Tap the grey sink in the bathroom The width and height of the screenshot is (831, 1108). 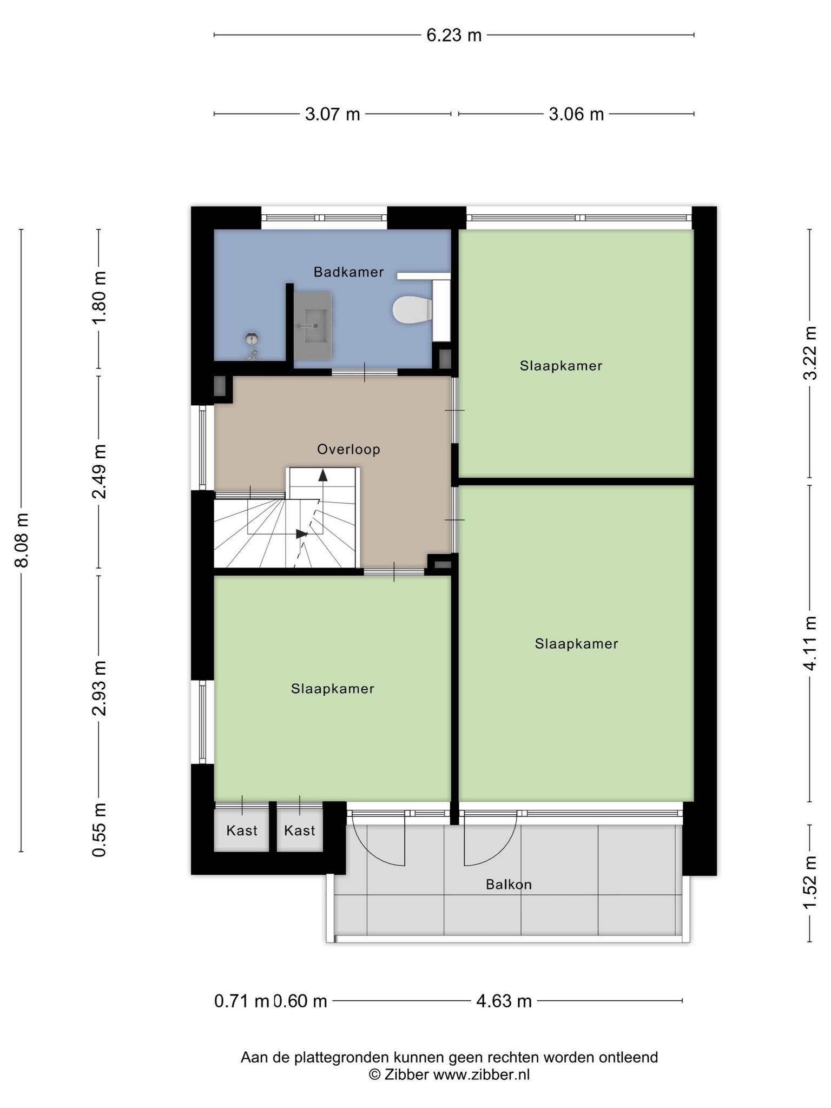(312, 326)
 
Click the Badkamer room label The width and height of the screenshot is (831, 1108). (349, 272)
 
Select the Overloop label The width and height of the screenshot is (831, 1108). (349, 449)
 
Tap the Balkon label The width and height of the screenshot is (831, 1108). (509, 885)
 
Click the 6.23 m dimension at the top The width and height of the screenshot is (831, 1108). (454, 35)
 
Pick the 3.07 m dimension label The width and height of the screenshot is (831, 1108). (333, 114)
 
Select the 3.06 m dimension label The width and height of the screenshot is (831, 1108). (576, 114)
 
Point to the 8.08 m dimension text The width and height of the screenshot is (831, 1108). (22, 540)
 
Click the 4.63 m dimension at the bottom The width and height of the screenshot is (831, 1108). (504, 1001)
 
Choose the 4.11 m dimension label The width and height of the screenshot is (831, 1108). (810, 643)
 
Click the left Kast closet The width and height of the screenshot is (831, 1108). (242, 830)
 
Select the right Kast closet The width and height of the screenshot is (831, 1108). (300, 830)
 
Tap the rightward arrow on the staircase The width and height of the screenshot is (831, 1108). (302, 534)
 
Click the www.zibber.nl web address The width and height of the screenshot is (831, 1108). (482, 1074)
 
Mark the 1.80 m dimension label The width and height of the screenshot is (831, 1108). (99, 297)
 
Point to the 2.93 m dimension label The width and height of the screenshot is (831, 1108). (99, 688)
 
